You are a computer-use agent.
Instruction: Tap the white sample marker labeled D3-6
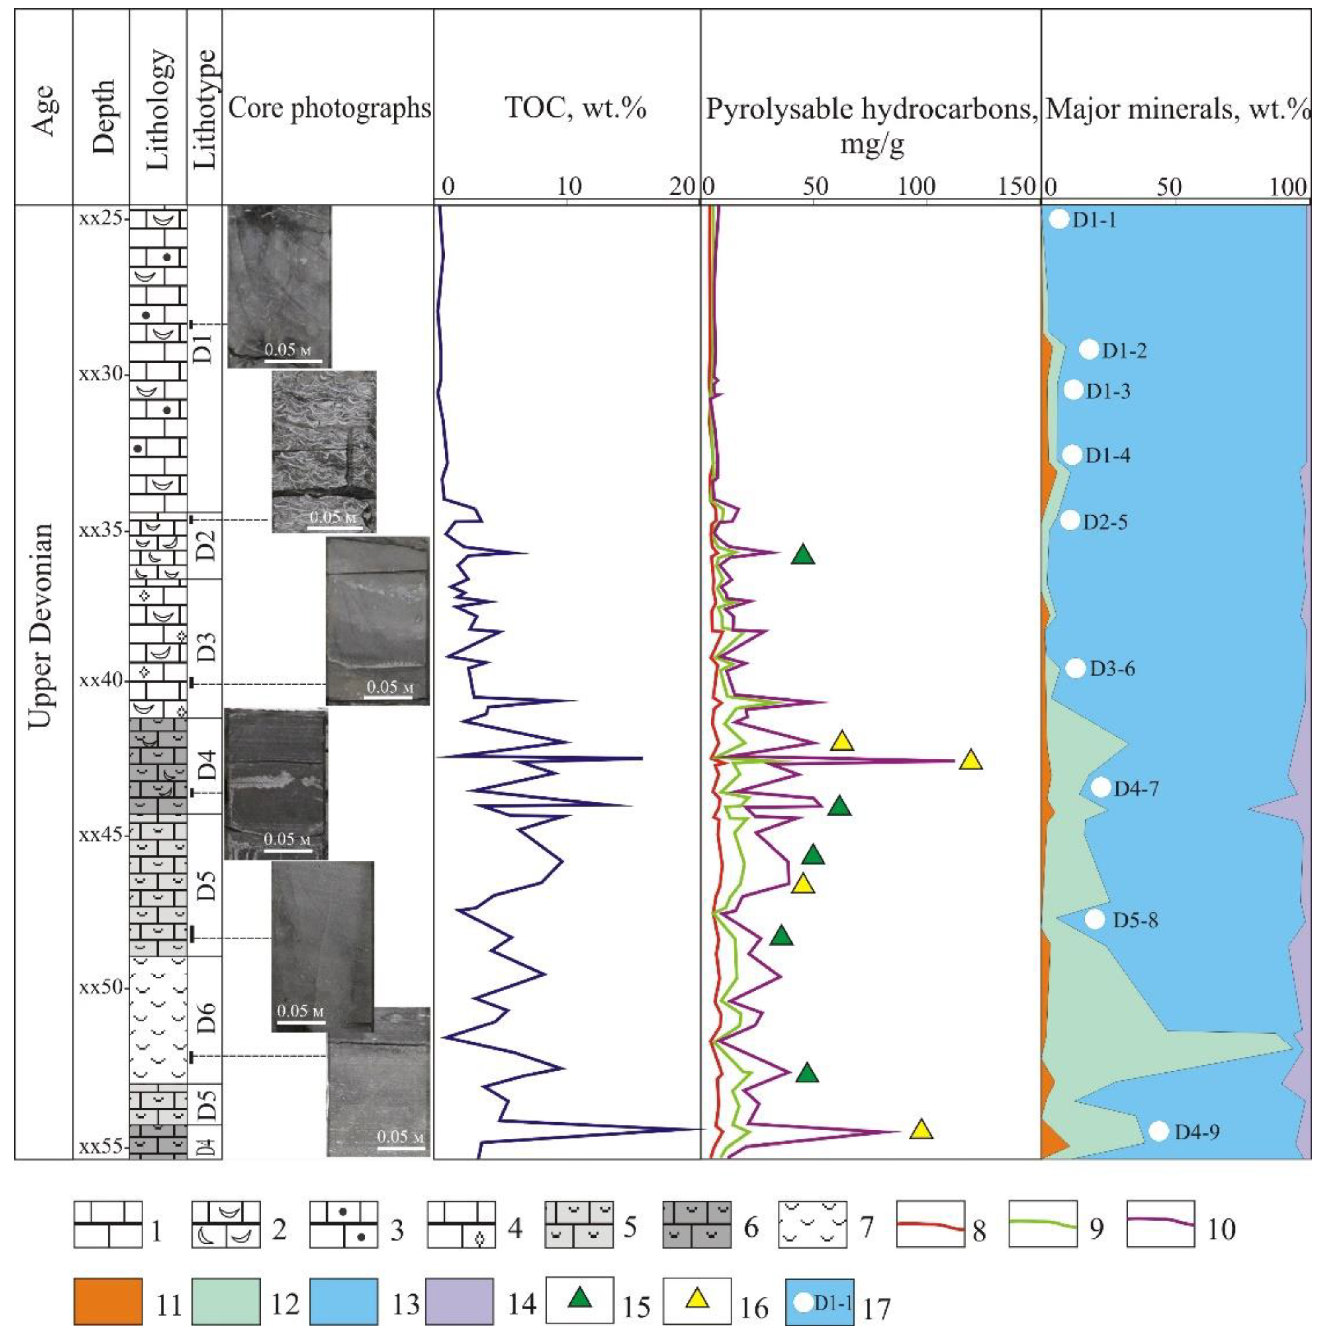point(1075,668)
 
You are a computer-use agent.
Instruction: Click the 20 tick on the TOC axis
point(685,186)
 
